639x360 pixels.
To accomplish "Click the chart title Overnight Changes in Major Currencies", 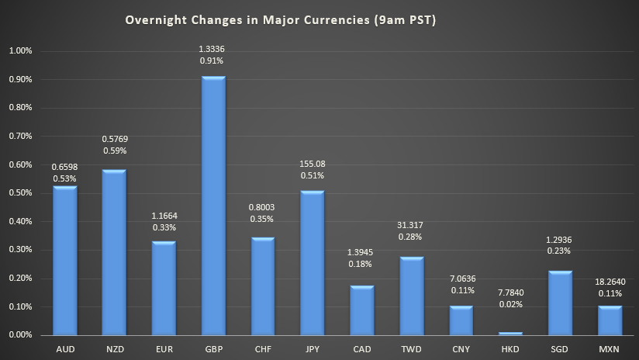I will pos(280,20).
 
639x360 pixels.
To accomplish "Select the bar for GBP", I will pos(213,206).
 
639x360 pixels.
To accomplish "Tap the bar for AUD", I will pos(64,261).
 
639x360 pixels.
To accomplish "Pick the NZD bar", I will pos(114,252).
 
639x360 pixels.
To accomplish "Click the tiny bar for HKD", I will pos(510,334).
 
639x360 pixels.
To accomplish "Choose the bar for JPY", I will pos(312,263).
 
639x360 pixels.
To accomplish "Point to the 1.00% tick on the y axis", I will pos(19,51).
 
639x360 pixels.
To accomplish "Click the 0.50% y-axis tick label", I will pos(19,193).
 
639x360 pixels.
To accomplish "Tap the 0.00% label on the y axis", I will pos(19,335).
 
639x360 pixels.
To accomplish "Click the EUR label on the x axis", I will pos(164,350).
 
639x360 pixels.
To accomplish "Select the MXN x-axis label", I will pos(610,350).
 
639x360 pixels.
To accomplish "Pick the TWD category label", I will pos(411,350).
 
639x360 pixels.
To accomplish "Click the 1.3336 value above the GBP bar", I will pos(212,49).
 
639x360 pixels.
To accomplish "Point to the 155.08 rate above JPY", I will pos(312,164).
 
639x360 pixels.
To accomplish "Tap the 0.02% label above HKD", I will pos(510,304).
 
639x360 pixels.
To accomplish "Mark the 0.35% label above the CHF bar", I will pos(262,221).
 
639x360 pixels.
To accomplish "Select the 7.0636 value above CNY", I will pos(461,277).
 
